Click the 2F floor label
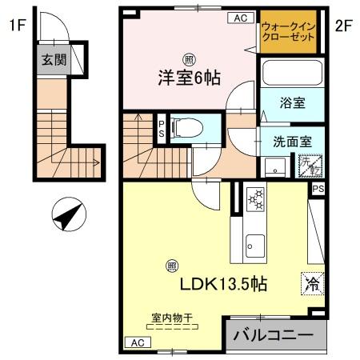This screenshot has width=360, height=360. [x=343, y=25]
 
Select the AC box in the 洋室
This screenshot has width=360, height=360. [x=239, y=18]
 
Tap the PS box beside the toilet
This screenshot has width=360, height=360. [x=161, y=128]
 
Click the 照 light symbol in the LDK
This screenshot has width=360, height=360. [x=171, y=267]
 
